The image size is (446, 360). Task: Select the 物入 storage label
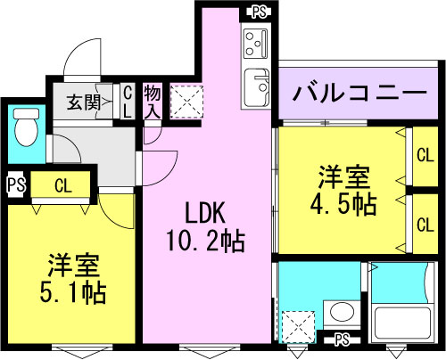[152, 100]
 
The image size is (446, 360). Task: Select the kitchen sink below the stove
[257, 87]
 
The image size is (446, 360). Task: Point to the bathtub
[406, 319]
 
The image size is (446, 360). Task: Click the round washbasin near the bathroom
[340, 313]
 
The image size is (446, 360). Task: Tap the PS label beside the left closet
[14, 186]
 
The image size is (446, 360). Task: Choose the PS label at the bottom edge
[342, 340]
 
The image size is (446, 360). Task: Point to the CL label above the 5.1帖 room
[62, 186]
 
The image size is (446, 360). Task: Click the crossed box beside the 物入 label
[186, 101]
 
